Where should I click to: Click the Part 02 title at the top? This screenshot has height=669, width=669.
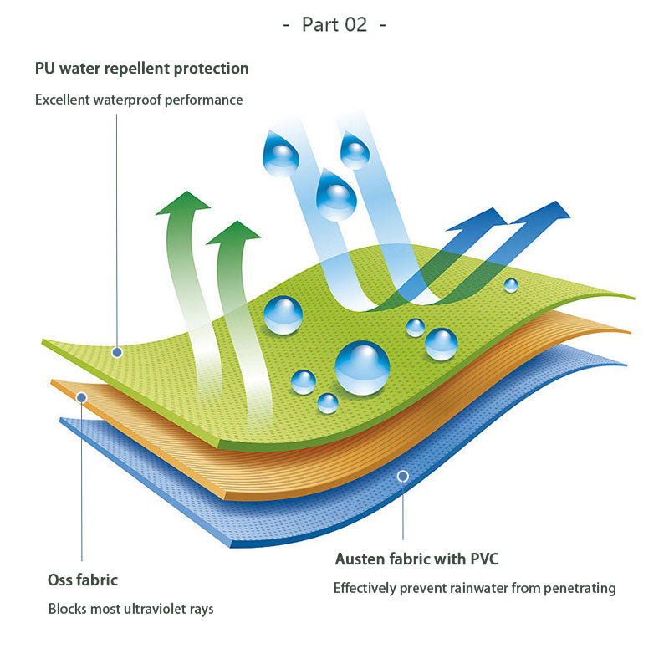(x=334, y=24)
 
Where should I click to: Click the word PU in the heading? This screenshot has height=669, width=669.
(x=45, y=68)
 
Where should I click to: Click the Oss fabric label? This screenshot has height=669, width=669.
(x=83, y=580)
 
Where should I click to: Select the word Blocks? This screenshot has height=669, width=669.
(x=67, y=609)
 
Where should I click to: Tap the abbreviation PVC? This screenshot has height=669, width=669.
(x=482, y=559)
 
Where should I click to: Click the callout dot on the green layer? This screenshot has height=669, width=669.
(x=117, y=352)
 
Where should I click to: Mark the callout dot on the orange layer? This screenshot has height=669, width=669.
(x=81, y=396)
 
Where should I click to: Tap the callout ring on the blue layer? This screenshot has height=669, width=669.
(x=402, y=476)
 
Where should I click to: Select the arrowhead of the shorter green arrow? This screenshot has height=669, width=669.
(x=233, y=232)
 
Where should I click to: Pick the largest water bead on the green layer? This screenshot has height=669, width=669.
(x=362, y=367)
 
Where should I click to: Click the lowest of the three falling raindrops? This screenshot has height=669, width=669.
(x=336, y=195)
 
